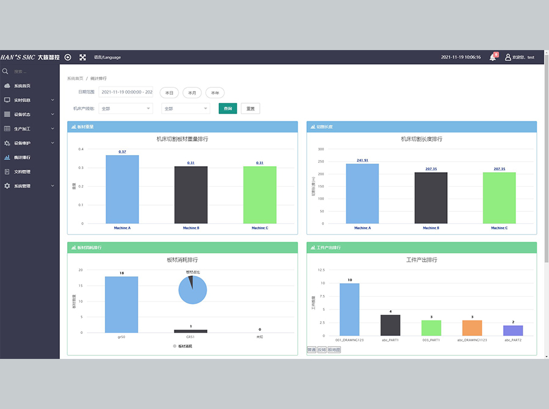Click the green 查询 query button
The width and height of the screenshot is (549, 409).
coord(228,109)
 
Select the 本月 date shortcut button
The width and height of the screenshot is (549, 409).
coord(192,93)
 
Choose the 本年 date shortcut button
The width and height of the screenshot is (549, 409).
coord(215,93)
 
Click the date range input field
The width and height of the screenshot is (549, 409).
coord(126,92)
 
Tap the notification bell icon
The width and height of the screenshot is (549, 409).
coord(492,57)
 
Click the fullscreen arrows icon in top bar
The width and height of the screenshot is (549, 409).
coord(82,57)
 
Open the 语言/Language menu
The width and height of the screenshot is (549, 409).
coord(107,57)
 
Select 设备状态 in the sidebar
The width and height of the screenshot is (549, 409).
coord(22,114)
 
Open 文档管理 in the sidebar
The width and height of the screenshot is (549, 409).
coord(22,172)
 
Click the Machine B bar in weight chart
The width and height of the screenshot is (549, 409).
coord(191,195)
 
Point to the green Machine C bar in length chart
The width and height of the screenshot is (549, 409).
coord(499,198)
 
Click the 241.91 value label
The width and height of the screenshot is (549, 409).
coord(362,161)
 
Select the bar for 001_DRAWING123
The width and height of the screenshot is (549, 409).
coord(350,309)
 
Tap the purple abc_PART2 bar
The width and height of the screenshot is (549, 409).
coord(513,330)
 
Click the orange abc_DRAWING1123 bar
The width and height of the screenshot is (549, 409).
coord(472,328)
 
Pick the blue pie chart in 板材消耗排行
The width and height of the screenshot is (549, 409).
coord(193,290)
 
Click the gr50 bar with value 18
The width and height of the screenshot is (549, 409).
coord(121,305)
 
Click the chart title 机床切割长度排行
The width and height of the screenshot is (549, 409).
coord(422,139)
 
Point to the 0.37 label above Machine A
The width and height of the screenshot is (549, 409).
coord(122,152)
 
